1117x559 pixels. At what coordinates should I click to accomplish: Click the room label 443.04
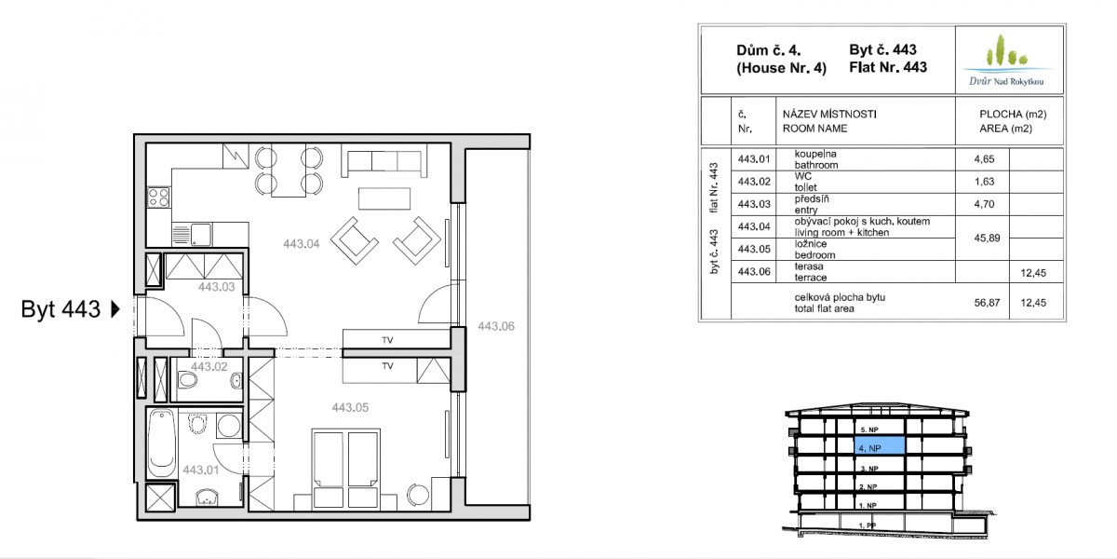(302, 244)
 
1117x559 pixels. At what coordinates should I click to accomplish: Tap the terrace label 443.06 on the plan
(495, 326)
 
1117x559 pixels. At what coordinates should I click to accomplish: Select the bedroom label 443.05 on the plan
(350, 408)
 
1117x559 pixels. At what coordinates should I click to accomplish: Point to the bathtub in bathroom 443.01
(162, 443)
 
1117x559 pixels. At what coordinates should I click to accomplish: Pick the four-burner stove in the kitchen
(158, 198)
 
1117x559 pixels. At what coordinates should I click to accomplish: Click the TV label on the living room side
(387, 340)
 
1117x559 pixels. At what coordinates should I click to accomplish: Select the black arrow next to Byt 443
(115, 309)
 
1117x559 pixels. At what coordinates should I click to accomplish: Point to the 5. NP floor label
(869, 429)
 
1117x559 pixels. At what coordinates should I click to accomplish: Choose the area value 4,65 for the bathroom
(985, 159)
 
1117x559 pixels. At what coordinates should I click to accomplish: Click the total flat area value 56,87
(987, 303)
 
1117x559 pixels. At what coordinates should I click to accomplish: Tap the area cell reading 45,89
(987, 239)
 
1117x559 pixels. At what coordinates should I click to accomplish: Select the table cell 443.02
(754, 182)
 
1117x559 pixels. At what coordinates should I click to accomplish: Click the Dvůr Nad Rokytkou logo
(1008, 61)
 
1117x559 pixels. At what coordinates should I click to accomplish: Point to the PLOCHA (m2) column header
(1013, 115)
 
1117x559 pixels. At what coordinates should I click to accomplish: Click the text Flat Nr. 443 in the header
(888, 67)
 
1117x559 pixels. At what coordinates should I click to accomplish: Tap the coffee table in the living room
(384, 198)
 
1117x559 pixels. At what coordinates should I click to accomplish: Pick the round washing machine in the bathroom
(229, 426)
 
